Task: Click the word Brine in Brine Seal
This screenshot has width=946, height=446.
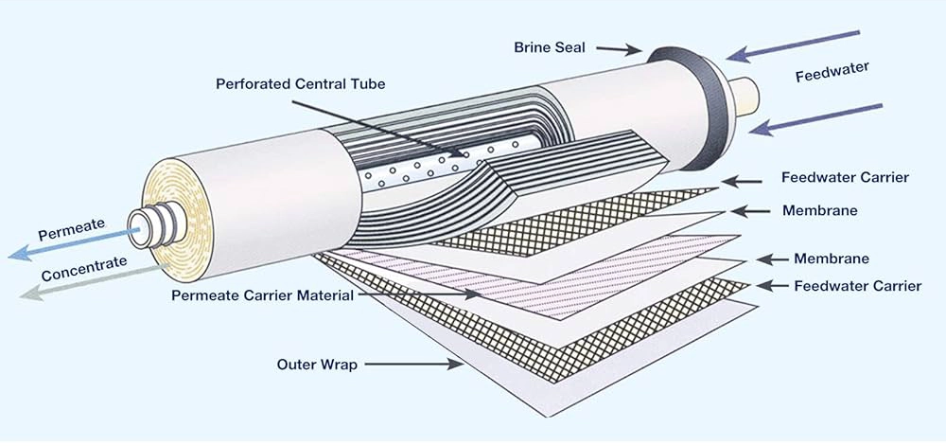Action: point(533,46)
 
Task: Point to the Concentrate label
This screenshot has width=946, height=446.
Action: point(83,270)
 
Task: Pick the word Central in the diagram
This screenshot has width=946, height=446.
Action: point(322,83)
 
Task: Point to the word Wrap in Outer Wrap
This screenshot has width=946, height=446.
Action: point(340,364)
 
